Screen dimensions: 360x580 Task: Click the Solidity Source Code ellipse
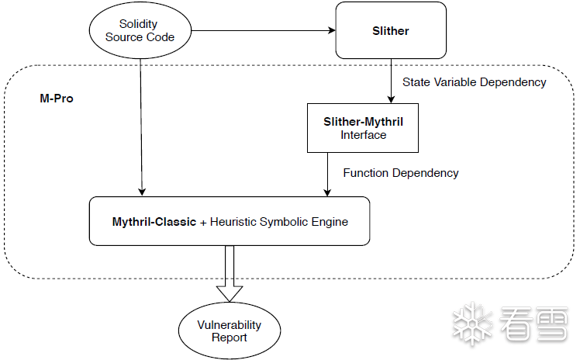(x=140, y=31)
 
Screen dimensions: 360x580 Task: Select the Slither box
(x=391, y=31)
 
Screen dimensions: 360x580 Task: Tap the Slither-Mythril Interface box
(x=363, y=128)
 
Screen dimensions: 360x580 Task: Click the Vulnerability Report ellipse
(x=229, y=331)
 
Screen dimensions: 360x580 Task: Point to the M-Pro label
(x=57, y=99)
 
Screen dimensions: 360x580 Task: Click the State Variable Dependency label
(x=475, y=82)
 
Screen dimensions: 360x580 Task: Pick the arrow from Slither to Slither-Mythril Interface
(x=391, y=81)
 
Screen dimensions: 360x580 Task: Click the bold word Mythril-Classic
(x=154, y=222)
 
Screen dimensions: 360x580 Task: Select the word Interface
(x=363, y=135)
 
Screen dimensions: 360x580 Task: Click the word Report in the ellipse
(x=230, y=337)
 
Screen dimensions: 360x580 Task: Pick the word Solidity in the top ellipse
(x=139, y=25)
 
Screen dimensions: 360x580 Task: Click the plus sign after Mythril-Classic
(x=204, y=223)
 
